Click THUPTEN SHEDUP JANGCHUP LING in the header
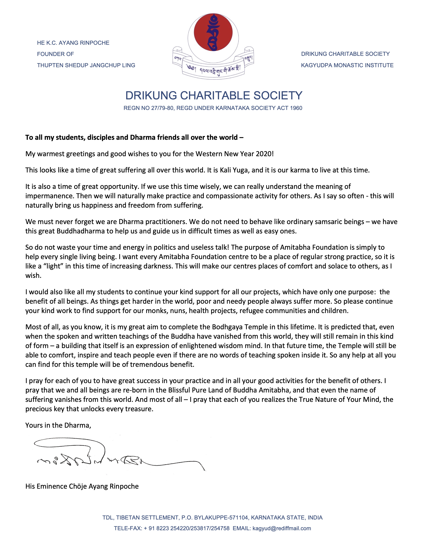(86, 65)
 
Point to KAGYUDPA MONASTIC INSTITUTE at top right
(347, 65)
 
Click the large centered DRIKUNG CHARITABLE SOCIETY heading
(214, 96)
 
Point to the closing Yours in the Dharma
(58, 425)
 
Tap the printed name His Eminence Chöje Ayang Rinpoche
(82, 486)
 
